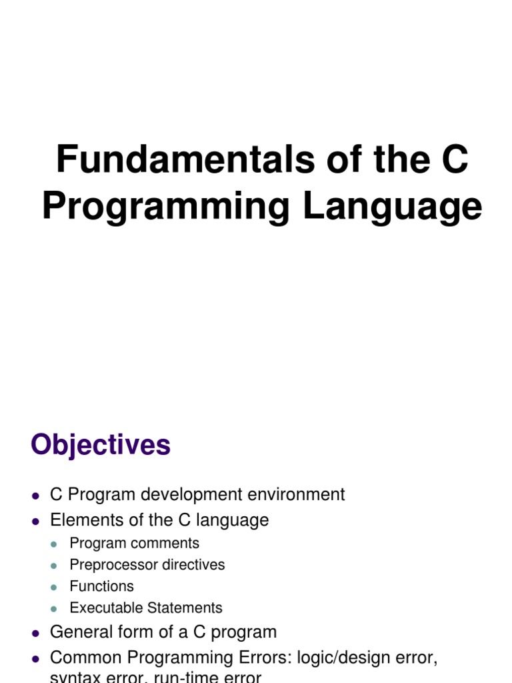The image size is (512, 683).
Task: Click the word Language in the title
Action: click(392, 206)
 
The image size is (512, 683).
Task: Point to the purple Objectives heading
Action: click(101, 445)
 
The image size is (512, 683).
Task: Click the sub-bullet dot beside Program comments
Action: click(55, 544)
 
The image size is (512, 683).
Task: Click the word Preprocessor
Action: click(111, 565)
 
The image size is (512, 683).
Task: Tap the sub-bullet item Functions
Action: click(101, 586)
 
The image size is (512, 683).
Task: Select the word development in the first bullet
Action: click(187, 494)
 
